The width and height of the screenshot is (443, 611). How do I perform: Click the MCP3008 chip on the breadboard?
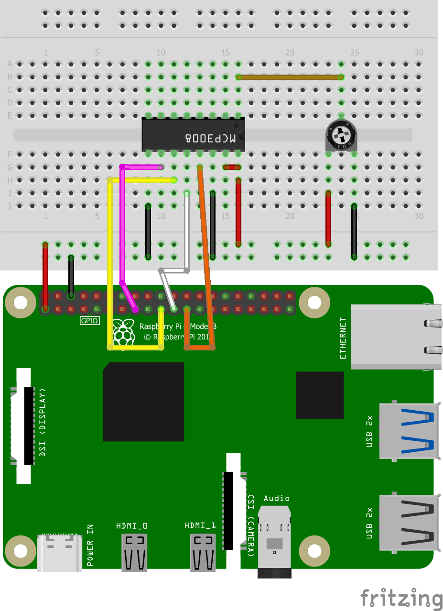pyautogui.click(x=193, y=134)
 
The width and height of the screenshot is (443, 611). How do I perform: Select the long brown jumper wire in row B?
pyautogui.click(x=290, y=77)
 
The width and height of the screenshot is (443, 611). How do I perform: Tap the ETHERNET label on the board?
pyautogui.click(x=343, y=338)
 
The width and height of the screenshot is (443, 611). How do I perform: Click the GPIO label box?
pyautogui.click(x=89, y=321)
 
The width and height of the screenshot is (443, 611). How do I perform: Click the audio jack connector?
pyautogui.click(x=274, y=540)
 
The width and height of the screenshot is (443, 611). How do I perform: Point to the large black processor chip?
pyautogui.click(x=143, y=402)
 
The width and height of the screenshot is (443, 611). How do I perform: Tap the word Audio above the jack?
pyautogui.click(x=277, y=498)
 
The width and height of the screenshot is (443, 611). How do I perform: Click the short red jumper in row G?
pyautogui.click(x=232, y=167)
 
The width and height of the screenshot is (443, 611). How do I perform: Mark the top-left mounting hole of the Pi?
pyautogui.click(x=21, y=302)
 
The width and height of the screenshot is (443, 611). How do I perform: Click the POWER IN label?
pyautogui.click(x=90, y=546)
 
